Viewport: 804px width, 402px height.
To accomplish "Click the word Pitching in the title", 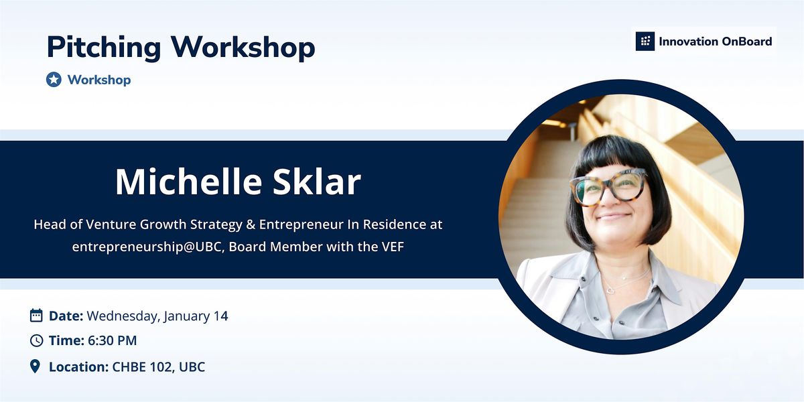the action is [x=104, y=48].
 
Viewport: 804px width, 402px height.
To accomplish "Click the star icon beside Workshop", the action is [x=54, y=79].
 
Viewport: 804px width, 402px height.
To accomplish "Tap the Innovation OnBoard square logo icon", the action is [x=645, y=42].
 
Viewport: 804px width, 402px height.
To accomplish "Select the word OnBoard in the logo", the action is [x=746, y=42].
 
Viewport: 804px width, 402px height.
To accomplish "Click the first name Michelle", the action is [x=189, y=182].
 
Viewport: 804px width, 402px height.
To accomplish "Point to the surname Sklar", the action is [x=316, y=182].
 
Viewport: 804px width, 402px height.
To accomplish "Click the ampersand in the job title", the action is [x=251, y=224].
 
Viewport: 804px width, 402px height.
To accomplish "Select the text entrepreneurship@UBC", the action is [x=147, y=247].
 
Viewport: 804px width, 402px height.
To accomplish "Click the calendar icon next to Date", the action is [x=36, y=316].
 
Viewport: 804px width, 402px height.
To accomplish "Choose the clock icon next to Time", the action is [x=36, y=340].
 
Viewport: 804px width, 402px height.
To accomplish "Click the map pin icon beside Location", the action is [x=35, y=366].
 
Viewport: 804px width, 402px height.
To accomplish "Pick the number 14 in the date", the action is [x=220, y=316].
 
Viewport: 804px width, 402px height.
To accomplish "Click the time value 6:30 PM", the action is [x=113, y=340].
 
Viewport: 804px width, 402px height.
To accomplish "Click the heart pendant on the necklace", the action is [x=609, y=291].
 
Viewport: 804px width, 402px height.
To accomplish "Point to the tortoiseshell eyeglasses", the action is [x=608, y=187].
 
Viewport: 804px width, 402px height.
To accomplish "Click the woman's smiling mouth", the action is [x=614, y=216].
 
